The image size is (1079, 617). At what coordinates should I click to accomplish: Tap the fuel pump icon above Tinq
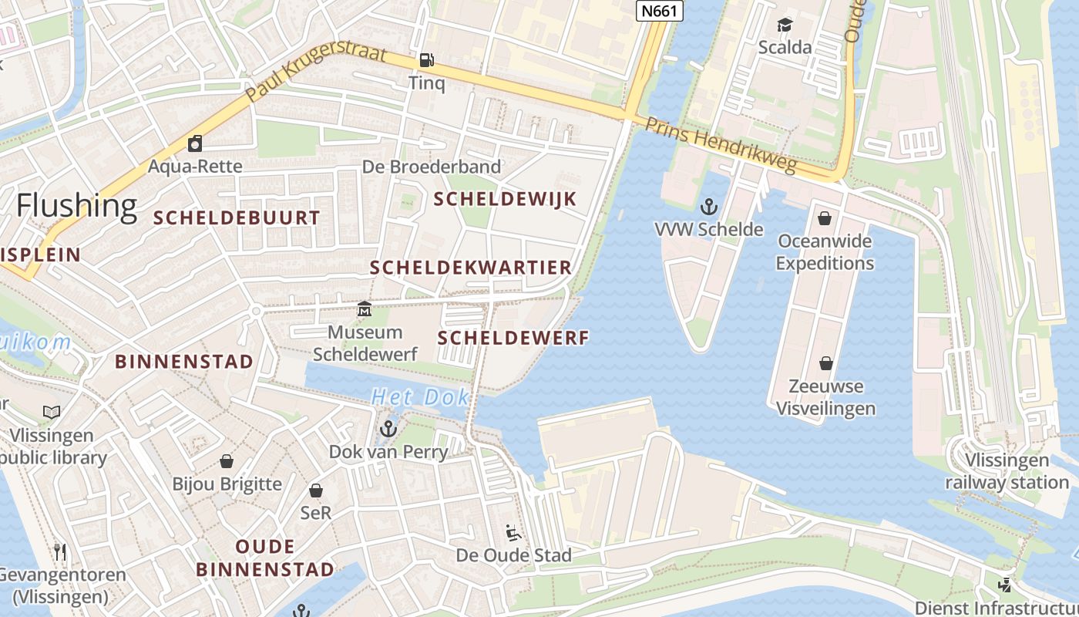(x=425, y=60)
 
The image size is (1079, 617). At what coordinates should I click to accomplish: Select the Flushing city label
(x=76, y=206)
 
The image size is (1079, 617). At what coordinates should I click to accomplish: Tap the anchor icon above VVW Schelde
(x=708, y=207)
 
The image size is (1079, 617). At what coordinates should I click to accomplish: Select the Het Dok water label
(x=420, y=397)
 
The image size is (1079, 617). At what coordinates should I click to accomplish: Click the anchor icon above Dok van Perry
(x=388, y=429)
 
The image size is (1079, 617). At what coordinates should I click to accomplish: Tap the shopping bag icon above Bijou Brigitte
(x=227, y=461)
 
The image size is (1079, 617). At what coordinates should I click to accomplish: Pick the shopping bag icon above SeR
(x=316, y=491)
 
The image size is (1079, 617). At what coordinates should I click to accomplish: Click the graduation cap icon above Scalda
(x=785, y=25)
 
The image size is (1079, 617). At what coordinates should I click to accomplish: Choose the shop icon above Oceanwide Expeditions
(x=825, y=218)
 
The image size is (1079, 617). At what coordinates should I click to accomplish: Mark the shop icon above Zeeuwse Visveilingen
(x=825, y=363)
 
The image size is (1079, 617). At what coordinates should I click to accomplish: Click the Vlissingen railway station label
(x=1007, y=471)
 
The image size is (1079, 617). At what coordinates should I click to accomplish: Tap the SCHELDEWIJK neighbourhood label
(x=505, y=199)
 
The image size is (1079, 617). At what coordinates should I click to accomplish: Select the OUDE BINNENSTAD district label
(x=264, y=558)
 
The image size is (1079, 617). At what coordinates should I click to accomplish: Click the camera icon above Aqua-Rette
(x=195, y=143)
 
